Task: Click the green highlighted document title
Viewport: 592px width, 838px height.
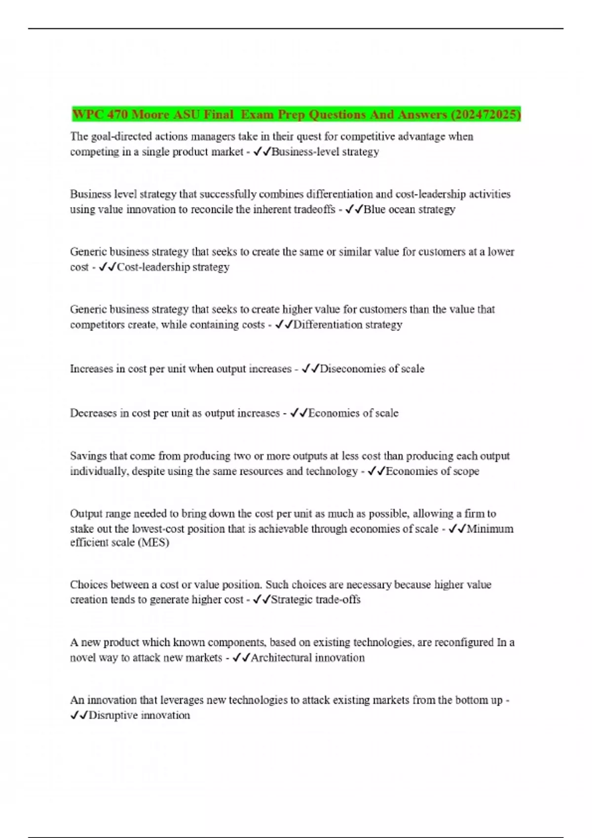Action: tap(296, 114)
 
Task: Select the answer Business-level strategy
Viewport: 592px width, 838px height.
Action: tap(325, 152)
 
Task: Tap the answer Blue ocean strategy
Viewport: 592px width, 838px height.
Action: tap(409, 209)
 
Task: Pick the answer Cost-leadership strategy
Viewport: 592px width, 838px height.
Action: tap(173, 267)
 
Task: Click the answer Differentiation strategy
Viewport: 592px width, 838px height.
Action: tap(348, 325)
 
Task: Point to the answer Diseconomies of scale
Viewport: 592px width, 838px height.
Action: tap(372, 369)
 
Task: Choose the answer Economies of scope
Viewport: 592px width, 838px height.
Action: tap(432, 471)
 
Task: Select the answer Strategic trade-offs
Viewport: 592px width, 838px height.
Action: tap(316, 600)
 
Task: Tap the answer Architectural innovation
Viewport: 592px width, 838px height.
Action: tap(308, 658)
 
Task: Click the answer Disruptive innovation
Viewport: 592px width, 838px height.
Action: tap(139, 715)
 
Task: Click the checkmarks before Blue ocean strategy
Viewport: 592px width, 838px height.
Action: tap(354, 209)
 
